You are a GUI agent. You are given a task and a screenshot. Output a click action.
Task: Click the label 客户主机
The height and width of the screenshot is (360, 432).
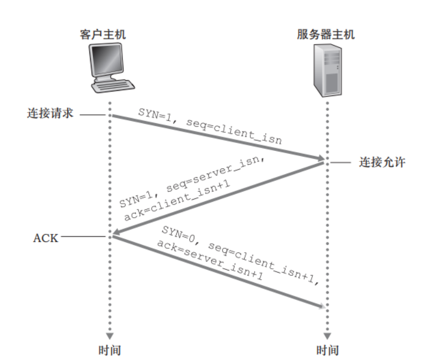click(x=103, y=35)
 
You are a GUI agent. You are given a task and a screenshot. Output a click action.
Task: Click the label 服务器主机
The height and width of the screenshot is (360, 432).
click(x=326, y=35)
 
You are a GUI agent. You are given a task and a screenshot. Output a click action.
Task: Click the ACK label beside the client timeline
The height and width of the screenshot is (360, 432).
click(x=45, y=238)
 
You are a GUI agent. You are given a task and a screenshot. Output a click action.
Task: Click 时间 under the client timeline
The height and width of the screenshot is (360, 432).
click(x=110, y=350)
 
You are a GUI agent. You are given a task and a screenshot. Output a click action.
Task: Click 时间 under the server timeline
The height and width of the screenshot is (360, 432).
click(x=327, y=350)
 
